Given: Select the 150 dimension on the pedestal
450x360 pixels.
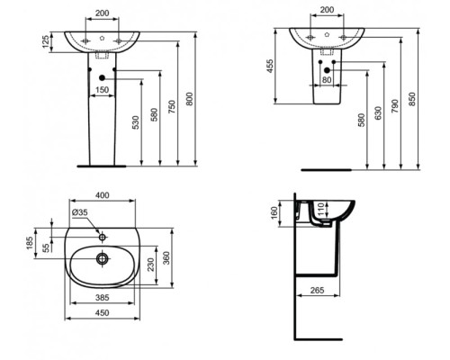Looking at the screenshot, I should (x=103, y=91).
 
